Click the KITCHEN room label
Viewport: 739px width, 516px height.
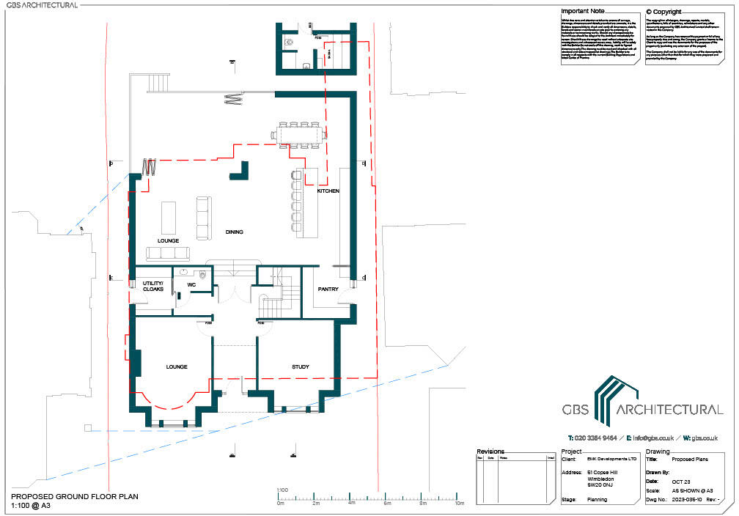pos(328,191)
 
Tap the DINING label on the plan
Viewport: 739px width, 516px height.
pos(235,232)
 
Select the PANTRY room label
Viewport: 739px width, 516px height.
pos(328,289)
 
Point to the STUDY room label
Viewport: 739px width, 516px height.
pos(300,366)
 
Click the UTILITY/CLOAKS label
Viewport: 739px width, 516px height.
pos(152,286)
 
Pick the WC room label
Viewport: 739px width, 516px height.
pos(191,284)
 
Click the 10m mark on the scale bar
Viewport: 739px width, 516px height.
pos(460,504)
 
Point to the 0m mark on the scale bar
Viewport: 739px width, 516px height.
pos(280,504)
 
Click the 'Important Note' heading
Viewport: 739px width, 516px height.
pos(582,12)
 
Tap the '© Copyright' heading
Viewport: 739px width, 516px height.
pos(663,12)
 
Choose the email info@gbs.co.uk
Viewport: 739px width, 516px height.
pos(648,438)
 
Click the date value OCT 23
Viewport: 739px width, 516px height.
pos(683,480)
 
